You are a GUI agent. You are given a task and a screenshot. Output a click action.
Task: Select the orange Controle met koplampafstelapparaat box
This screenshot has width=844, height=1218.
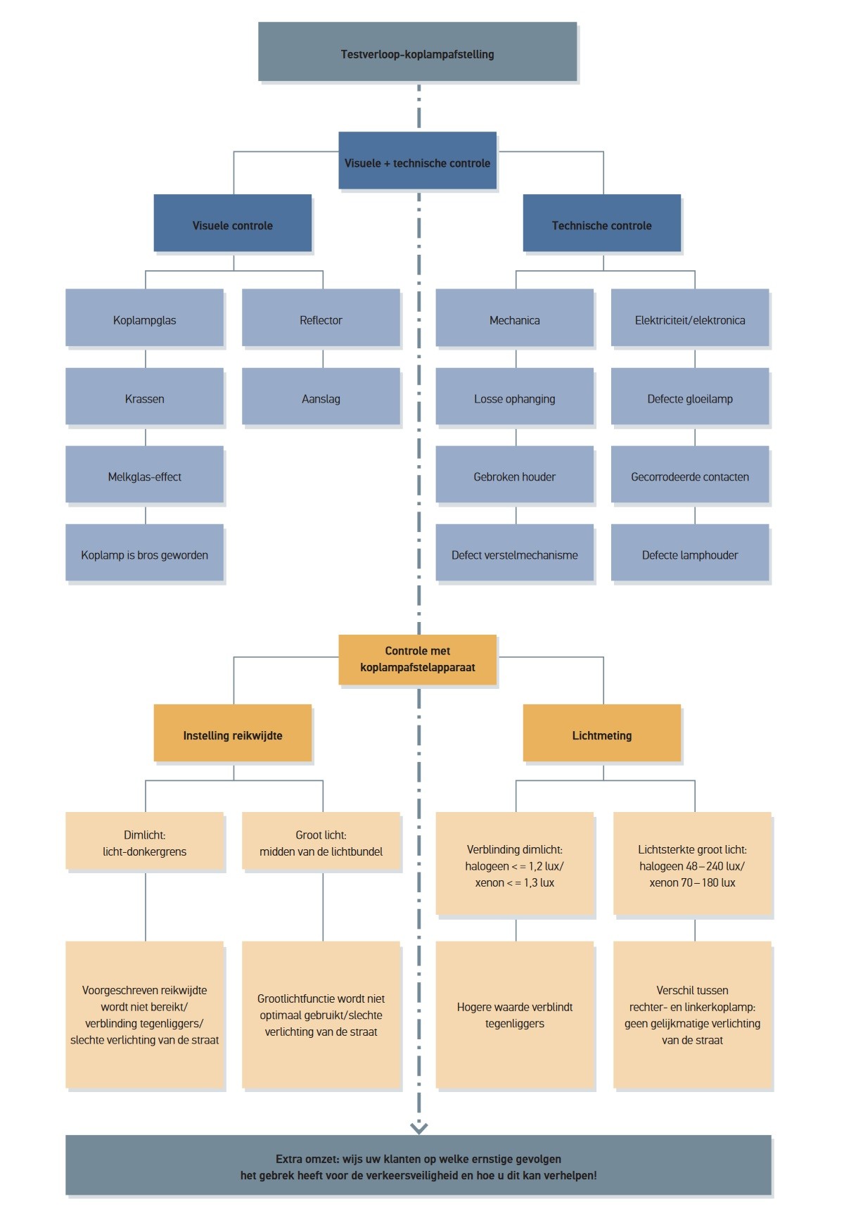[417, 659]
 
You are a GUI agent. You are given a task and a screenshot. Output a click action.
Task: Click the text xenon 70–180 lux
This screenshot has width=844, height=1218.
[692, 882]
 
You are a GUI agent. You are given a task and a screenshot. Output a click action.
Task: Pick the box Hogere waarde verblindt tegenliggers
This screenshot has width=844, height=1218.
[514, 1015]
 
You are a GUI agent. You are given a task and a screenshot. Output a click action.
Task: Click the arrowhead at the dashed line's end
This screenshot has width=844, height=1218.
[418, 1128]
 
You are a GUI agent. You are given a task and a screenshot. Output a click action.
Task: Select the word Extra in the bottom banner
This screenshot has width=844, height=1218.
[288, 1159]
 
